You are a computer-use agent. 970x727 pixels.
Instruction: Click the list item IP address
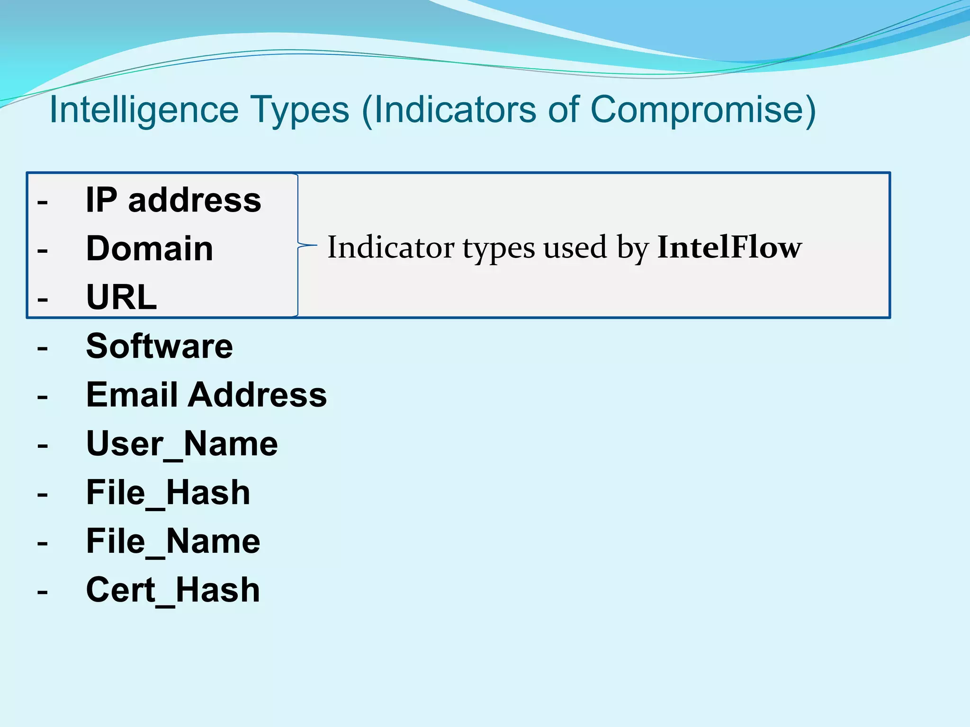pos(173,200)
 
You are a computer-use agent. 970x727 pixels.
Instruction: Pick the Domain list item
pos(150,248)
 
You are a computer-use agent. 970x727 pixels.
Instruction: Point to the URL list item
pos(122,297)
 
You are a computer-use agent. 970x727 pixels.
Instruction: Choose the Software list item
pos(160,346)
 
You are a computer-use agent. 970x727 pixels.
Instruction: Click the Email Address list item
pos(207,395)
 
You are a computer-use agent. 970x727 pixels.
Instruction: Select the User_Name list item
pos(182,444)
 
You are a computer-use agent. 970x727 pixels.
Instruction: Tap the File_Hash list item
pos(168,493)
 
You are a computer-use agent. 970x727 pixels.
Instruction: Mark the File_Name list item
pos(173,541)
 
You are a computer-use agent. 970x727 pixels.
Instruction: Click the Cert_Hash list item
pos(173,590)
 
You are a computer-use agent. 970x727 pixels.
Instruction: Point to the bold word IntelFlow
pos(729,247)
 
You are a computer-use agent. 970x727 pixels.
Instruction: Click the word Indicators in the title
pos(451,110)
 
